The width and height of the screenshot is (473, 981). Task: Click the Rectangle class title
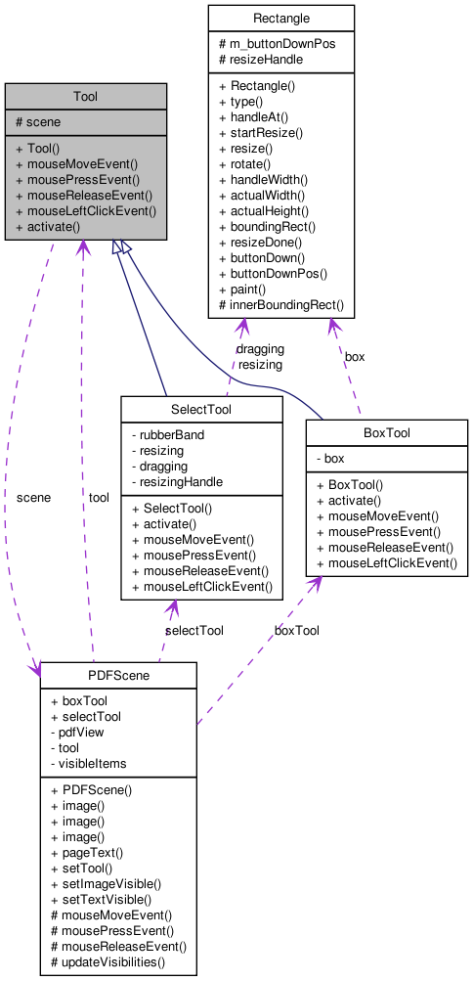point(280,19)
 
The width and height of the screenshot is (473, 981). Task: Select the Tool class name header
point(85,96)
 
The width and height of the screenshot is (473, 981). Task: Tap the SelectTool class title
point(200,408)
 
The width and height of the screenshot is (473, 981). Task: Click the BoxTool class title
point(386,432)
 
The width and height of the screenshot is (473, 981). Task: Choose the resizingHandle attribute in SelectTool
point(181,481)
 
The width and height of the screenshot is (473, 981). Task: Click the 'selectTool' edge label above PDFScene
point(193,631)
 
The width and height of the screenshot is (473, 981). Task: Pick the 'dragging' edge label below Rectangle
point(260,348)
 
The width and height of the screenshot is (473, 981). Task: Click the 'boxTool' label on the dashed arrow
point(296,631)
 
